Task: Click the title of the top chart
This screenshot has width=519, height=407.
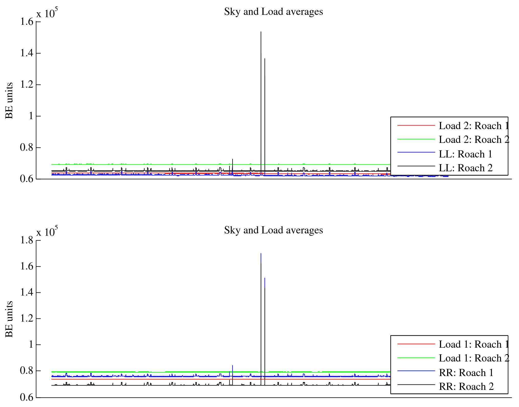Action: point(273,12)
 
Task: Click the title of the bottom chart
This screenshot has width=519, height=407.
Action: point(273,230)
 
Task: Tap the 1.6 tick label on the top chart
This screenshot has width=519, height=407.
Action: point(27,22)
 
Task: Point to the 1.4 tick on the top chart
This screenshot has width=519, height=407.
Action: point(27,53)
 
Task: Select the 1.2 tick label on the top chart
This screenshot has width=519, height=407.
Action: point(27,85)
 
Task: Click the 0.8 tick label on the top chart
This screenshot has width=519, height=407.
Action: point(27,148)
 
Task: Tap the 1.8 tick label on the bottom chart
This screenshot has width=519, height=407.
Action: point(27,240)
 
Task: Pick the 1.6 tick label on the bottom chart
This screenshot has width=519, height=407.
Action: point(27,266)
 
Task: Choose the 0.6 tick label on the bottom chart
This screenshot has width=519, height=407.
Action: point(27,397)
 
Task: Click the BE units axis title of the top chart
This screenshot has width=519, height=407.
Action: point(9,100)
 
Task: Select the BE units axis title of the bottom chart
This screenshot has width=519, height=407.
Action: point(9,319)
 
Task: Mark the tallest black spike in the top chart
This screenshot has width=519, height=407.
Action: point(261,32)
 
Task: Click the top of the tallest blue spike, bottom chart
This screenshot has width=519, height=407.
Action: point(261,254)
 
